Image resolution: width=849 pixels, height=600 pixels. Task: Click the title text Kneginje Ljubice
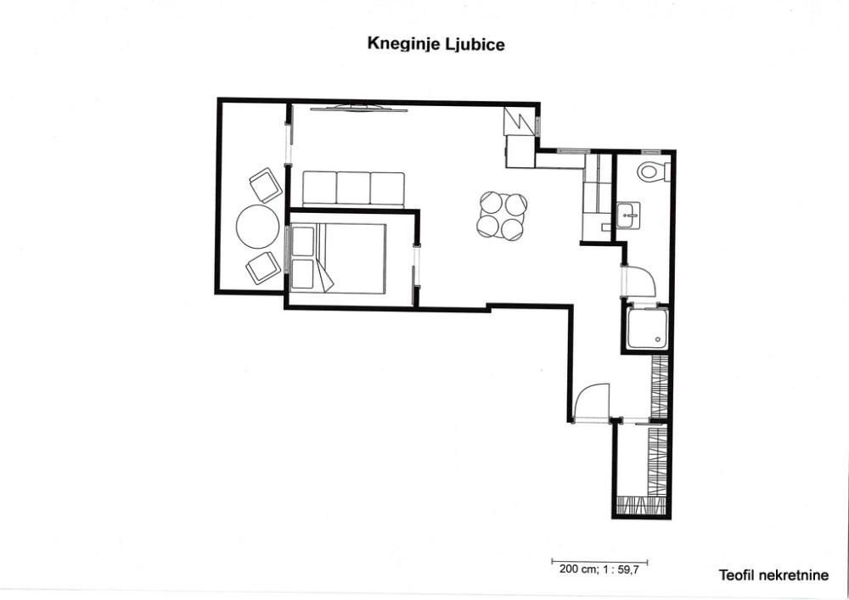436,43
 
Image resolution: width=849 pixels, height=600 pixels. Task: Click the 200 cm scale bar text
599,570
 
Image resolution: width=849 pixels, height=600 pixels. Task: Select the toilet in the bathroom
652,172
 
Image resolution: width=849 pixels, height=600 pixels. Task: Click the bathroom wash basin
629,216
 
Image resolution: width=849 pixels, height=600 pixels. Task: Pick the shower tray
646,329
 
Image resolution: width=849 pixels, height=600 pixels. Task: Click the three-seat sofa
353,189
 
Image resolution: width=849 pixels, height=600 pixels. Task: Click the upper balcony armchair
265,185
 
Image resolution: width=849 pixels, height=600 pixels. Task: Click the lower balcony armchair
262,268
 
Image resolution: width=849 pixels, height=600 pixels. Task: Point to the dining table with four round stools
503,216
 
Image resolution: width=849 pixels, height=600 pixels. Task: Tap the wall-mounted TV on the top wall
351,108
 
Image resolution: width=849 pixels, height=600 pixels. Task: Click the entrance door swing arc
592,401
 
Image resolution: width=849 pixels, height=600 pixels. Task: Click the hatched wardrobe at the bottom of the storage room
642,506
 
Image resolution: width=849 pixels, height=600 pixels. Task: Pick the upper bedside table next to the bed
303,241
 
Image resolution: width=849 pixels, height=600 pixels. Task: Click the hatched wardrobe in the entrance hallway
660,386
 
